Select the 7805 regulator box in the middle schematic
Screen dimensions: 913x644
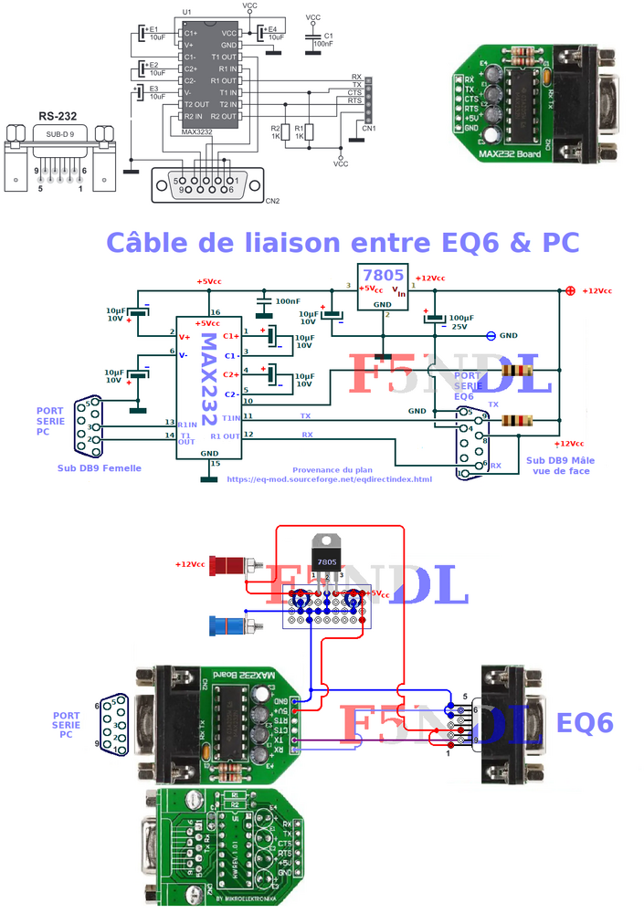coord(383,285)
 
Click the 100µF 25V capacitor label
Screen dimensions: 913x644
coord(461,320)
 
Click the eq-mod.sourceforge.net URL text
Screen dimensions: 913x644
coord(328,479)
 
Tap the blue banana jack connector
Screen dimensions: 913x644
coord(227,626)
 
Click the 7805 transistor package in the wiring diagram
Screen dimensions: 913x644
coord(326,553)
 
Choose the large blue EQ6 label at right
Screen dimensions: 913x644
coord(585,723)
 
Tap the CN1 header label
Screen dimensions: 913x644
coord(369,129)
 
